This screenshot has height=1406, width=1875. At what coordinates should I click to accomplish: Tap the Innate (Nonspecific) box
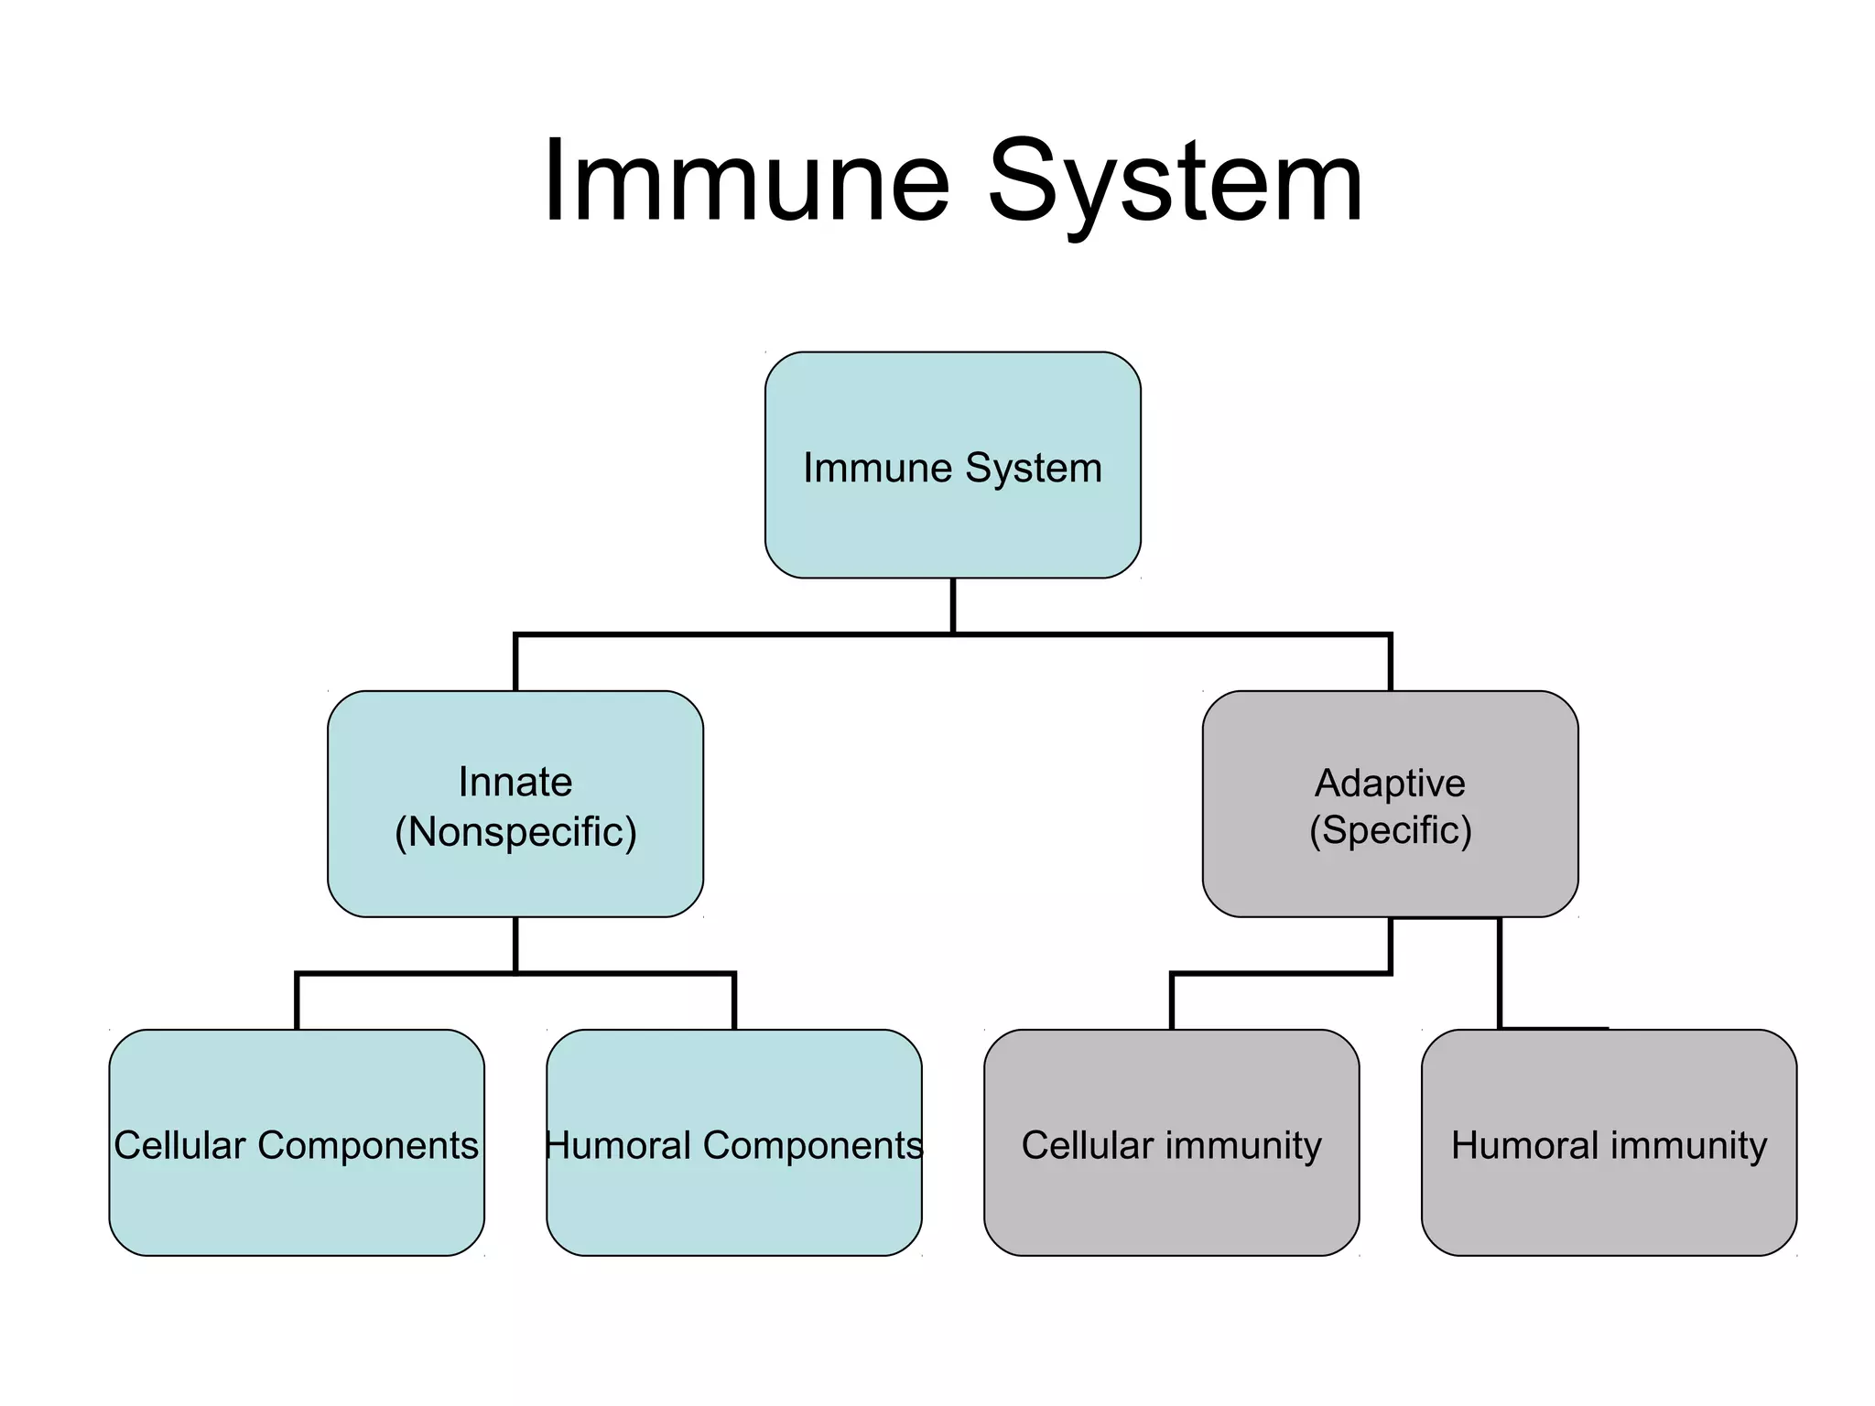point(515,879)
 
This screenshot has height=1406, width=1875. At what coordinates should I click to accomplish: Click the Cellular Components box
point(296,1199)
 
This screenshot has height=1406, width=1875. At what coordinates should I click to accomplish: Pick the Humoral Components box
point(733,1199)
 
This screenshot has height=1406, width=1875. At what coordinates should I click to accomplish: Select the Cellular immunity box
point(1171,1199)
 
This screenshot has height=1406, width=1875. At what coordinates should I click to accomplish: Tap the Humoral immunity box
point(1609,1199)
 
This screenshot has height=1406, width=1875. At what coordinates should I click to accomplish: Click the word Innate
point(515,782)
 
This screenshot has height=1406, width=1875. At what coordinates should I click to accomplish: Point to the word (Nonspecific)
point(515,832)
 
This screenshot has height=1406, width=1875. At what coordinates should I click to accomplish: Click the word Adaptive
point(1390,783)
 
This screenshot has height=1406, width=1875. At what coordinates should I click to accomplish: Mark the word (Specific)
point(1390,830)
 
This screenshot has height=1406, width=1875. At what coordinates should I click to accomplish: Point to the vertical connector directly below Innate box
point(515,944)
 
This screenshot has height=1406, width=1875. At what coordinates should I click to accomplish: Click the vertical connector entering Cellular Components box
point(297,1002)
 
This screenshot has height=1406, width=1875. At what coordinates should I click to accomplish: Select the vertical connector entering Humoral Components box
point(734,1002)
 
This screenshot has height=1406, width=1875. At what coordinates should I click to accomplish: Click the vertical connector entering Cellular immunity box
point(1172,1002)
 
